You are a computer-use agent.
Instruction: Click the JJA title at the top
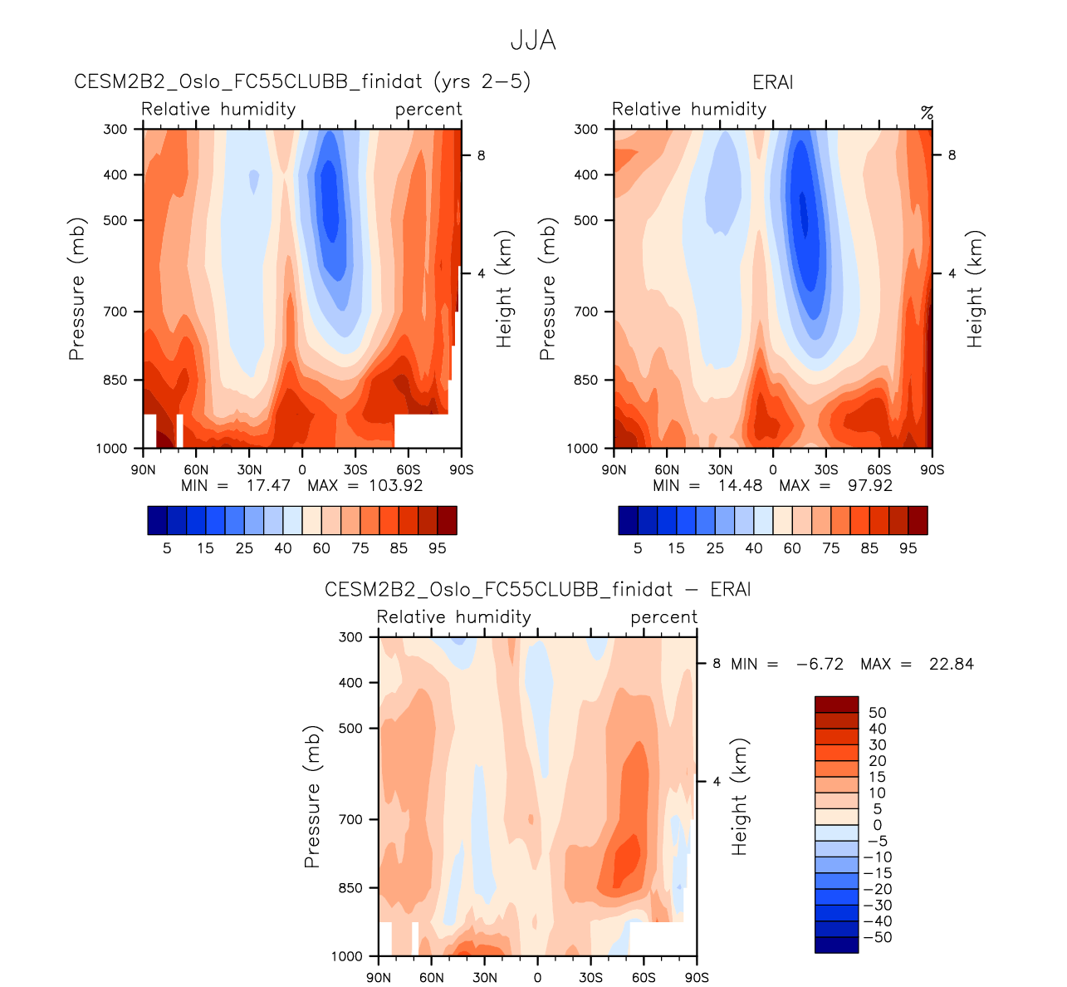coord(532,41)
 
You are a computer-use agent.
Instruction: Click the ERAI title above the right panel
coord(772,82)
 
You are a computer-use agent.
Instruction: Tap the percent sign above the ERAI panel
coord(927,111)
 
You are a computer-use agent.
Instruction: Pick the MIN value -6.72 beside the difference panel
coord(820,664)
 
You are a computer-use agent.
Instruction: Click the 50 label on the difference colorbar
coord(877,713)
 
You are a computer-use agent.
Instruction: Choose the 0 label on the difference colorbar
coord(877,825)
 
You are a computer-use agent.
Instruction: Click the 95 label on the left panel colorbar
coord(438,548)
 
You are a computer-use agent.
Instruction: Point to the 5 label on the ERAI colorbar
coord(638,548)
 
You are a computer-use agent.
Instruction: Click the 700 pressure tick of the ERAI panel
coord(585,312)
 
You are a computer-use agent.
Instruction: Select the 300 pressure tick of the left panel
coord(115,129)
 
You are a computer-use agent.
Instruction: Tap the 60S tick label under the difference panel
coord(644,977)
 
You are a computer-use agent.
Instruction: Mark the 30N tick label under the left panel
coord(249,469)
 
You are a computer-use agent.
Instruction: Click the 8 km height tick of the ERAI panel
coord(952,155)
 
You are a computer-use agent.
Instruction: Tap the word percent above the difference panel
coord(663,617)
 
